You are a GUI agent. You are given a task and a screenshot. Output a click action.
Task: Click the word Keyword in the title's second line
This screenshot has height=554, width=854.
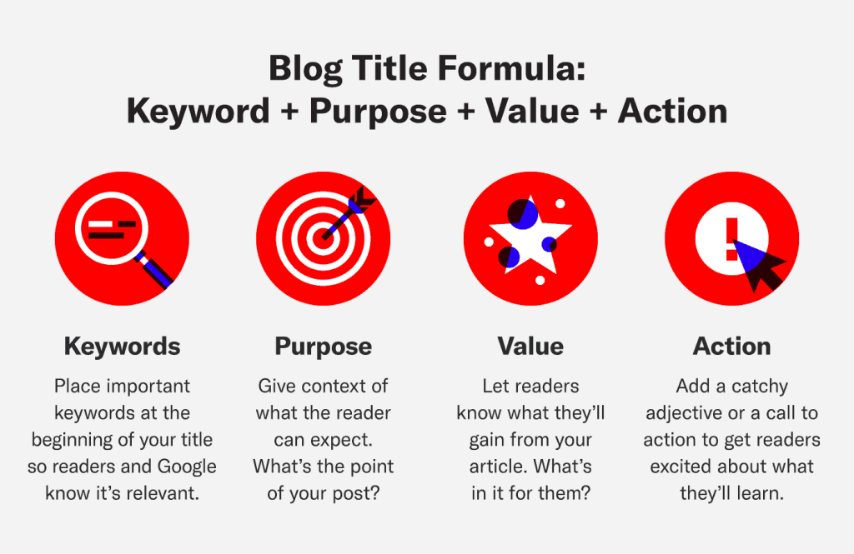click(198, 112)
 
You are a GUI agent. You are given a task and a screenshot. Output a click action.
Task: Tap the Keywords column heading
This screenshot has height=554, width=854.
click(122, 347)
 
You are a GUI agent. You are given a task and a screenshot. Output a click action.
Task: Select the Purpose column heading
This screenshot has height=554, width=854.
click(324, 347)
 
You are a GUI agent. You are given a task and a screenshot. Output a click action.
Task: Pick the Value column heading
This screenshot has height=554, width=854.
click(530, 347)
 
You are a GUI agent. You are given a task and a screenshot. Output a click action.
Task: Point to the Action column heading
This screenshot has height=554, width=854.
click(732, 347)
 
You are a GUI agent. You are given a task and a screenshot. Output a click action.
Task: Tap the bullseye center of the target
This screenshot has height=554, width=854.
click(323, 238)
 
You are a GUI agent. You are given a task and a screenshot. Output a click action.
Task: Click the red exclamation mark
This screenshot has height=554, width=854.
click(731, 239)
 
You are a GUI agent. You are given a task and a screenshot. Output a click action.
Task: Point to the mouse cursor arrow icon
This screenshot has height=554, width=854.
click(759, 265)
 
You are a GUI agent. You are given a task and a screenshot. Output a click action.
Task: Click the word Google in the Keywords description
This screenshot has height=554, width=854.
click(187, 467)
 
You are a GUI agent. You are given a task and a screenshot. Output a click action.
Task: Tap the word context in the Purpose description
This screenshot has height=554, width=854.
click(331, 387)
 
